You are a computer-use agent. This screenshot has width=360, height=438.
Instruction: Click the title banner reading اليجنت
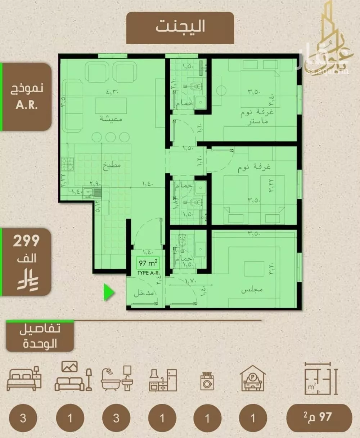[180, 27]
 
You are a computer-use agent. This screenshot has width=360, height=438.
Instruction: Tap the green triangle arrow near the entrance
[109, 292]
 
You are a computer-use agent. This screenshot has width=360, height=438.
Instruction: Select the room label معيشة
[111, 118]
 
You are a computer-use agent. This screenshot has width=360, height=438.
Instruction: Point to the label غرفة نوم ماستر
[257, 117]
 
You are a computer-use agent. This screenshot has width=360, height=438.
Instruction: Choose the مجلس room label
[252, 290]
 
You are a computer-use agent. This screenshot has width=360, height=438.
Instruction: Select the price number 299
[26, 241]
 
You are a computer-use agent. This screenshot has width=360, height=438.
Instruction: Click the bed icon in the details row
[24, 379]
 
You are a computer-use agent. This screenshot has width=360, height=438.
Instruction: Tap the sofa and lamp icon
[73, 377]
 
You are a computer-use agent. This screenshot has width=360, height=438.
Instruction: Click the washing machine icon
[207, 381]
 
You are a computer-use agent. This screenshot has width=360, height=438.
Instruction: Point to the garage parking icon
[253, 379]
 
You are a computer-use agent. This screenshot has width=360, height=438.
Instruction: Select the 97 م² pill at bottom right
[319, 417]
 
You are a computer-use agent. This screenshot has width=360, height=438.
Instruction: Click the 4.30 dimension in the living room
[113, 92]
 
